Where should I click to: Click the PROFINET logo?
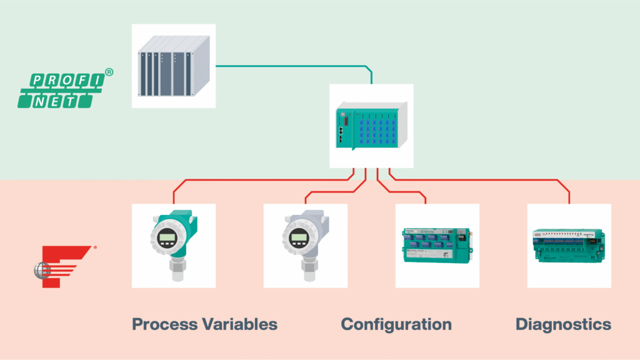click(61, 91)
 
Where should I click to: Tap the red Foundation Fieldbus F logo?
click(62, 266)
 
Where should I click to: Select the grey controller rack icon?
click(173, 66)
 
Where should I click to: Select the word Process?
click(164, 324)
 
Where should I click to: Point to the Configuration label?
click(396, 324)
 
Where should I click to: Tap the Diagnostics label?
click(563, 324)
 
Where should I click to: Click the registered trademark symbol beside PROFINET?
click(109, 72)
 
